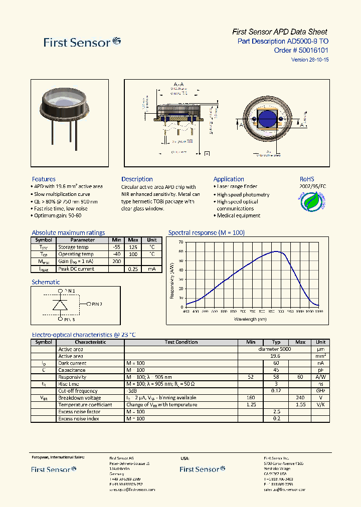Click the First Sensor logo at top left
click(82, 42)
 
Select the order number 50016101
click(313, 50)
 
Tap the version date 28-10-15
click(319, 60)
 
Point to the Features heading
click(44, 179)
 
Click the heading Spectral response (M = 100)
click(206, 232)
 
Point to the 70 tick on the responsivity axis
click(180, 242)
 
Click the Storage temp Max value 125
click(133, 247)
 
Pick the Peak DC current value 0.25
click(133, 269)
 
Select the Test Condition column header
click(181, 342)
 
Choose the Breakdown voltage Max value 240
click(300, 398)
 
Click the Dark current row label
click(72, 363)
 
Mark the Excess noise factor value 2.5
click(276, 412)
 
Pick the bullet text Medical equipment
click(239, 215)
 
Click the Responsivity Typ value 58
click(276, 377)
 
